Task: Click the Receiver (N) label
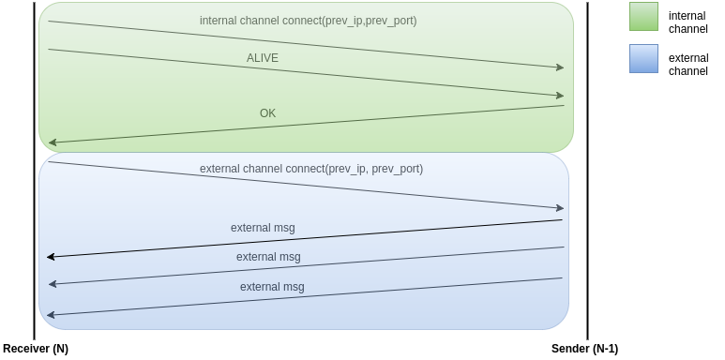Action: coord(36,349)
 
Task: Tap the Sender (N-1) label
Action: coord(584,349)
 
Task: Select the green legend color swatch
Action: coord(643,17)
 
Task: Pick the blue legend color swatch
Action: coord(643,59)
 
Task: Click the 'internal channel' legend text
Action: coord(687,22)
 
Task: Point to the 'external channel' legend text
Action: coord(687,64)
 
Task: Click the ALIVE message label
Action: coord(263,58)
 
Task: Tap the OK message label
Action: coord(267,113)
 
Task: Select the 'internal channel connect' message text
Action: coord(308,21)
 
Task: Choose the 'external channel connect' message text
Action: coord(310,169)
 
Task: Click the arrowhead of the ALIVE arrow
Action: coord(560,95)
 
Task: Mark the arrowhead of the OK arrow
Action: coord(53,142)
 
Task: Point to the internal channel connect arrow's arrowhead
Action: coord(560,67)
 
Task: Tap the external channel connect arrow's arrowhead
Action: coord(560,208)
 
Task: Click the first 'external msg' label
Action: coord(263,228)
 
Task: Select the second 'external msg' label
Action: coord(268,257)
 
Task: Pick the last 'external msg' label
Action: coord(272,287)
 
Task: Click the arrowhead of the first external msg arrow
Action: coord(52,256)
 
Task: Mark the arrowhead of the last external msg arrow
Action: coord(52,314)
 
